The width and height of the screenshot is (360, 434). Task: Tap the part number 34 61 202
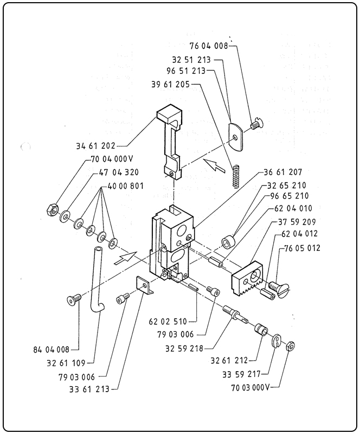tap(96, 145)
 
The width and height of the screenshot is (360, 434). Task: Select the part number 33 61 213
tap(90, 389)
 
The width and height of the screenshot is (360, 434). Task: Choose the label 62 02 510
tap(168, 321)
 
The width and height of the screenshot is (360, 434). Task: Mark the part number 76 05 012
tap(302, 248)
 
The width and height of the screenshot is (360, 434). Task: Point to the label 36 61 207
tap(282, 172)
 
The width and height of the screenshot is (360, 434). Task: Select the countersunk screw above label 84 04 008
tap(73, 298)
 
